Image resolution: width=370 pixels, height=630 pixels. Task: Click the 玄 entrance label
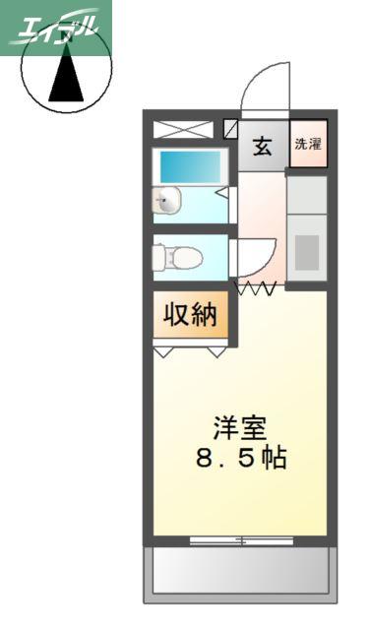click(262, 147)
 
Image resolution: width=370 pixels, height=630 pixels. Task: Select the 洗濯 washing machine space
click(309, 144)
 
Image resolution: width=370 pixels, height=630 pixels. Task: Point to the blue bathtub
click(191, 166)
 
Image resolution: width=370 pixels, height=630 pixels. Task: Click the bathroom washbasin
click(166, 201)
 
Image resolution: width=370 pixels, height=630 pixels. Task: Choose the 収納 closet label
click(191, 315)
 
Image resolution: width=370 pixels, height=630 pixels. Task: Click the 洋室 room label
click(240, 428)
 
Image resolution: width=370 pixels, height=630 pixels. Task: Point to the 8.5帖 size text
click(241, 458)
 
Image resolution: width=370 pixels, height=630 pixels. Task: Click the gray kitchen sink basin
click(307, 252)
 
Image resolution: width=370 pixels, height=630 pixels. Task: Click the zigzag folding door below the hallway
click(256, 288)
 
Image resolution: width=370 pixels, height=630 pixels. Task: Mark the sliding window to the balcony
click(241, 540)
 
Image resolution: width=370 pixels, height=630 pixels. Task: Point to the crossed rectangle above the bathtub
click(184, 129)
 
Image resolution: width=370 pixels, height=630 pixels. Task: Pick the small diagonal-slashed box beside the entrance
click(230, 129)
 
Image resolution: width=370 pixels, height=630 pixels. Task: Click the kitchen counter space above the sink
click(307, 195)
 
